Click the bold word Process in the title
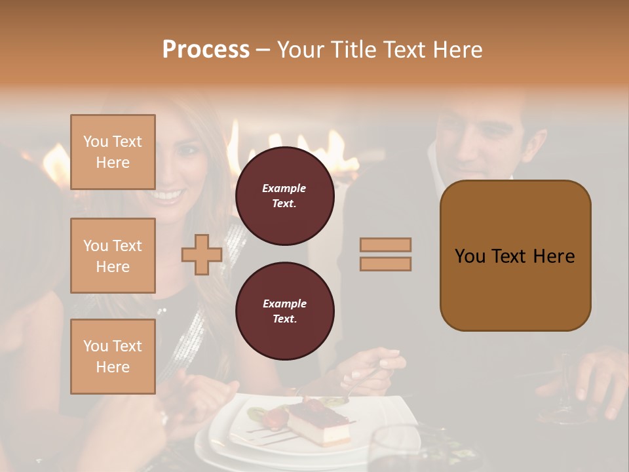(x=206, y=49)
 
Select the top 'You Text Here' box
(x=113, y=152)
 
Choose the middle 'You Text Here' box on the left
(x=113, y=256)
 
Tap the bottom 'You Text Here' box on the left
(x=113, y=356)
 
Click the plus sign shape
(x=202, y=254)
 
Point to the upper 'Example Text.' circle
(x=284, y=196)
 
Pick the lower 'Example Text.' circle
(x=284, y=311)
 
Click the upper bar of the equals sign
(x=386, y=245)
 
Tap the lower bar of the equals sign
(x=386, y=264)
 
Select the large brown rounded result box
(x=515, y=256)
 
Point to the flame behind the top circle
(x=334, y=147)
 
